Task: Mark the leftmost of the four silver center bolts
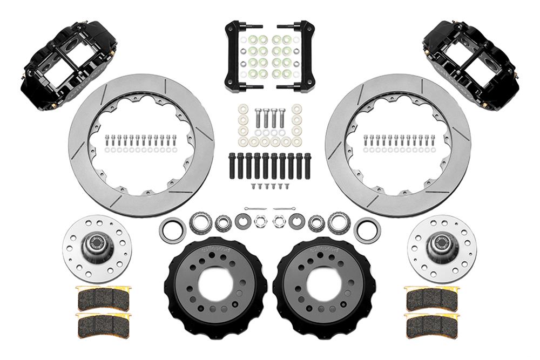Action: coord(258,118)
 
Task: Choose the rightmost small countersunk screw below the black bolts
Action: coord(287,186)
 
